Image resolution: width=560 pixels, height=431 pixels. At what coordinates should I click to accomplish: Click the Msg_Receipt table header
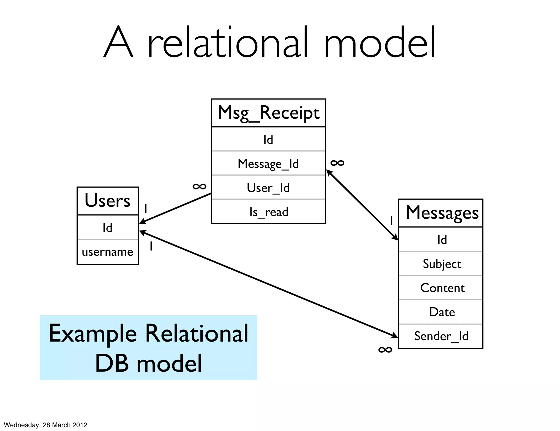(268, 113)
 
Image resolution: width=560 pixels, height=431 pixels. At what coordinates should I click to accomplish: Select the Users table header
(107, 201)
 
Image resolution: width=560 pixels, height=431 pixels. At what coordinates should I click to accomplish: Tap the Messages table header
(442, 213)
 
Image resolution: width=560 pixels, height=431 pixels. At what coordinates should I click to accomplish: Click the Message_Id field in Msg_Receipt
(268, 164)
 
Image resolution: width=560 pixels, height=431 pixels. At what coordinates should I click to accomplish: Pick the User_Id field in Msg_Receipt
(268, 188)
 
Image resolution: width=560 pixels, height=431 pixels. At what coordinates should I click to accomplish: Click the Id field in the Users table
(107, 228)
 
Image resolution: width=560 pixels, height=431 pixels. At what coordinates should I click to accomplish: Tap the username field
(107, 252)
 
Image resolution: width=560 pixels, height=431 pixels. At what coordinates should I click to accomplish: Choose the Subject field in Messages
(442, 264)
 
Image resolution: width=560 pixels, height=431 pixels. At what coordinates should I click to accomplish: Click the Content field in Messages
(442, 288)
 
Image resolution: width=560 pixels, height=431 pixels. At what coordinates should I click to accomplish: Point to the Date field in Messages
(442, 312)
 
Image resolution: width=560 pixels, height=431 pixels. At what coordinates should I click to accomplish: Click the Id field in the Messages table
(442, 240)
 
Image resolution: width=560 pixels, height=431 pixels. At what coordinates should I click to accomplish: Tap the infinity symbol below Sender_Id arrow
(385, 350)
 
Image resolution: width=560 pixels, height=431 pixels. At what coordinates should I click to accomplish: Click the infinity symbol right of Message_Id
(337, 163)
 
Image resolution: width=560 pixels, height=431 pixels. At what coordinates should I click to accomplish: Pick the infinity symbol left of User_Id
(199, 187)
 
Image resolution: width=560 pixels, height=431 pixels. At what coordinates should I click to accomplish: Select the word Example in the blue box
(93, 334)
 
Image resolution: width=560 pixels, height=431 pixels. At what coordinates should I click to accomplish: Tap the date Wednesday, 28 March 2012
(46, 425)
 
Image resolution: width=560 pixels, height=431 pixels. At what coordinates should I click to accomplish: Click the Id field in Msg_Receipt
(268, 140)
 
